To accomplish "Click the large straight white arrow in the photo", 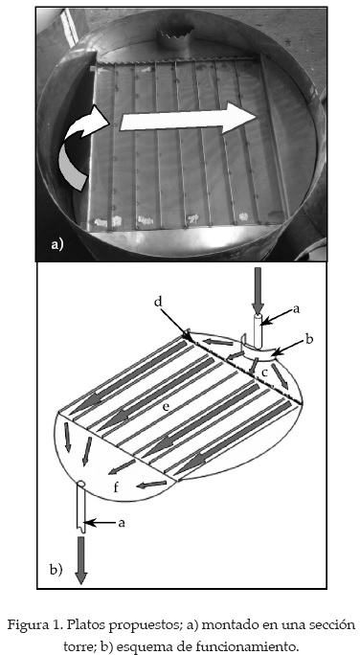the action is [188, 119].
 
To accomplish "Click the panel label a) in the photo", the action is [56, 244].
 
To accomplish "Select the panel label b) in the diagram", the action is [56, 570].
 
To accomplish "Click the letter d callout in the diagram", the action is [157, 302].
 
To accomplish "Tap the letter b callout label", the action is [309, 339].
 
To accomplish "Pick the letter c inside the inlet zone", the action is [265, 372].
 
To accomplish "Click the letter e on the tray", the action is [167, 407].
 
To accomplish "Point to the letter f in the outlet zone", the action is [117, 487].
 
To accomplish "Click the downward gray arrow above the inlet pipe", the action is [258, 291].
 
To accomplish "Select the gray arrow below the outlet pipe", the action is [80, 560].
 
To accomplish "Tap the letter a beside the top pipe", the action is [297, 309].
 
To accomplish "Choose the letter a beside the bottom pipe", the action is [122, 522].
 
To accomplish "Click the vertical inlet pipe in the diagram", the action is [259, 331].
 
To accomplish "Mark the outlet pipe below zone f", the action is [81, 507].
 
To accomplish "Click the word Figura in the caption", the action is [28, 626].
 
